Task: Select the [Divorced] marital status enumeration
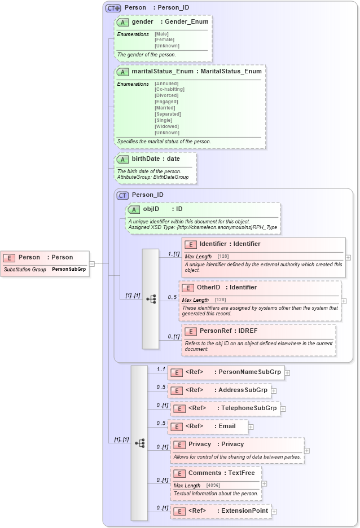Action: click(166, 95)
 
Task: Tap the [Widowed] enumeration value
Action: click(167, 127)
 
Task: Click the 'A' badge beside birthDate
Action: click(123, 160)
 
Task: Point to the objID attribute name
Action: click(151, 209)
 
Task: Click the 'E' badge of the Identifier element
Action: click(191, 244)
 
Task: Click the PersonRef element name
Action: click(213, 331)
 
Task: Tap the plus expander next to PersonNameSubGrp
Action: click(287, 372)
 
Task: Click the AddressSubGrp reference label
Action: click(243, 390)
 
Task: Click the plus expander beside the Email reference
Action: click(251, 426)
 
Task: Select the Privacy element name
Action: click(200, 445)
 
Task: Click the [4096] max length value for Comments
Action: click(213, 486)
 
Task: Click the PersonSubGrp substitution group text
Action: click(69, 270)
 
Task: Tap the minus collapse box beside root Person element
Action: click(92, 263)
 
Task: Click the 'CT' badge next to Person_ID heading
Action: click(123, 196)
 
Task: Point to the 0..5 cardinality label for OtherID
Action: click(172, 297)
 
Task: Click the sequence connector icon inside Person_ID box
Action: click(151, 300)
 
